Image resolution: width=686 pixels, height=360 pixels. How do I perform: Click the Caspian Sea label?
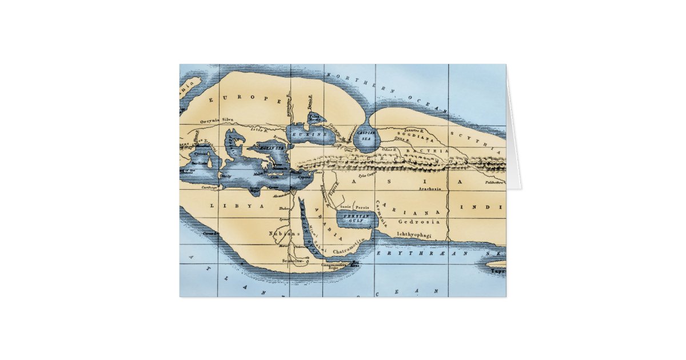tap(365, 135)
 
